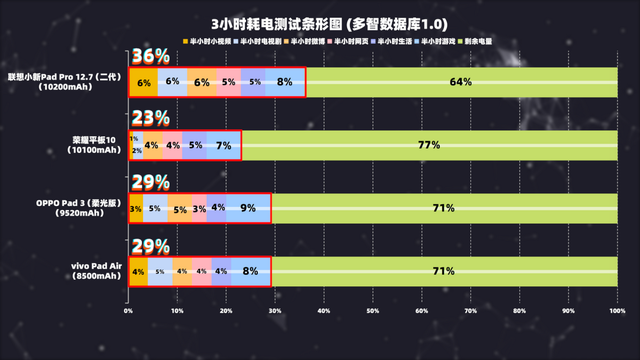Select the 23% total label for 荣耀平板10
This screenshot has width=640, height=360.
(x=149, y=119)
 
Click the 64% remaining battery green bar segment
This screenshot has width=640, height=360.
(x=460, y=82)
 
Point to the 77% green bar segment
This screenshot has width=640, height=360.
(x=429, y=145)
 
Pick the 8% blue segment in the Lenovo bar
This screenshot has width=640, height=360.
(x=285, y=82)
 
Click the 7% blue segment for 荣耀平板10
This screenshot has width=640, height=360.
(x=224, y=145)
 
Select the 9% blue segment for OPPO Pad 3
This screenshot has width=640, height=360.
(x=248, y=208)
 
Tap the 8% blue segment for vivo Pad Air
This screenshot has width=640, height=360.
(x=251, y=271)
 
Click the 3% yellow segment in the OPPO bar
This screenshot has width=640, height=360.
(x=136, y=208)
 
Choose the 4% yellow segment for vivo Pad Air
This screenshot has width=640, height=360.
(x=138, y=271)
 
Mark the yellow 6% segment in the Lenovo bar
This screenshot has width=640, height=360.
(x=144, y=82)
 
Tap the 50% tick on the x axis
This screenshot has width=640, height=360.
(x=373, y=311)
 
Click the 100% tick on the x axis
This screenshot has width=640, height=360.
(x=617, y=311)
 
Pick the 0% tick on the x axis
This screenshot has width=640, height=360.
(x=128, y=311)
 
